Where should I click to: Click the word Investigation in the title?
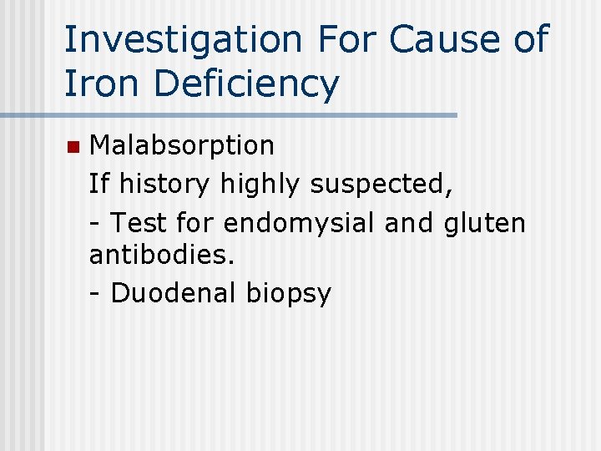[183, 40]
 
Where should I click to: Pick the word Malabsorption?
[181, 145]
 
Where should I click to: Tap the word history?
[165, 184]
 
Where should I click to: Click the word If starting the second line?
[98, 184]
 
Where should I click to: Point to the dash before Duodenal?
[95, 294]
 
